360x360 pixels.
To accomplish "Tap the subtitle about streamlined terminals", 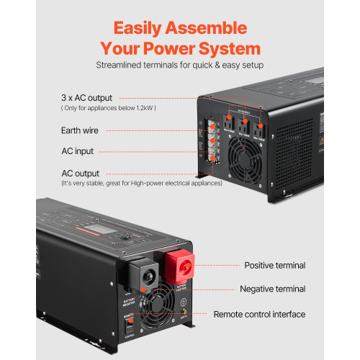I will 179,66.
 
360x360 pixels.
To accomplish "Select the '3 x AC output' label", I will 86,97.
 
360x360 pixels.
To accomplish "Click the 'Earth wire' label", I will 80,130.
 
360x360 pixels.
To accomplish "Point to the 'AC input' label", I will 77,151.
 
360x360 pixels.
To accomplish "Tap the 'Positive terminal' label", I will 274,265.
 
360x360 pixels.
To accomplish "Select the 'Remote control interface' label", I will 260,315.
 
